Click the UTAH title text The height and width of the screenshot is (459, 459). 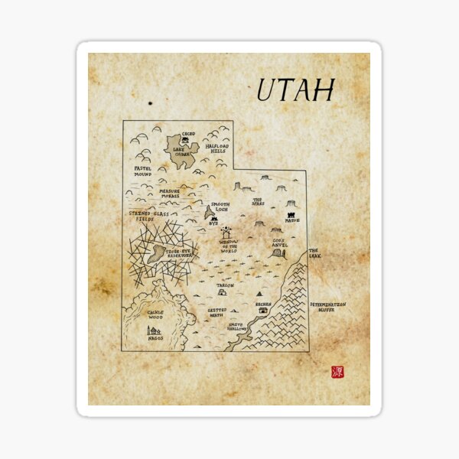pyautogui.click(x=295, y=90)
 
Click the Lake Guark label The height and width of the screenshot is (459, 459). pyautogui.click(x=181, y=152)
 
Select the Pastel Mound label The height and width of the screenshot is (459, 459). pyautogui.click(x=143, y=171)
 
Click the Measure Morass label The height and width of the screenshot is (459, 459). pyautogui.click(x=170, y=194)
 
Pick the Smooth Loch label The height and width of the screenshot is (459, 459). pyautogui.click(x=220, y=208)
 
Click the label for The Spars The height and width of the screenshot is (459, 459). pyautogui.click(x=259, y=203)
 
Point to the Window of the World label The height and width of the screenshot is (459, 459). pyautogui.click(x=229, y=246)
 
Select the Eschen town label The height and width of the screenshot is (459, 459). pyautogui.click(x=263, y=304)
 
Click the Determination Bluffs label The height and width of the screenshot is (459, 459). pyautogui.click(x=328, y=307)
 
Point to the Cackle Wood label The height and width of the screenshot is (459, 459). pyautogui.click(x=155, y=315)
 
